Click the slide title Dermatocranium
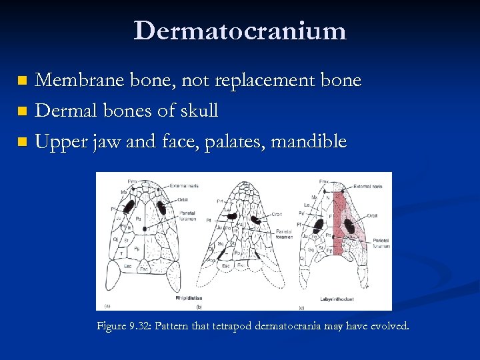click(240, 31)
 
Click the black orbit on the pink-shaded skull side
click(349, 227)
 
